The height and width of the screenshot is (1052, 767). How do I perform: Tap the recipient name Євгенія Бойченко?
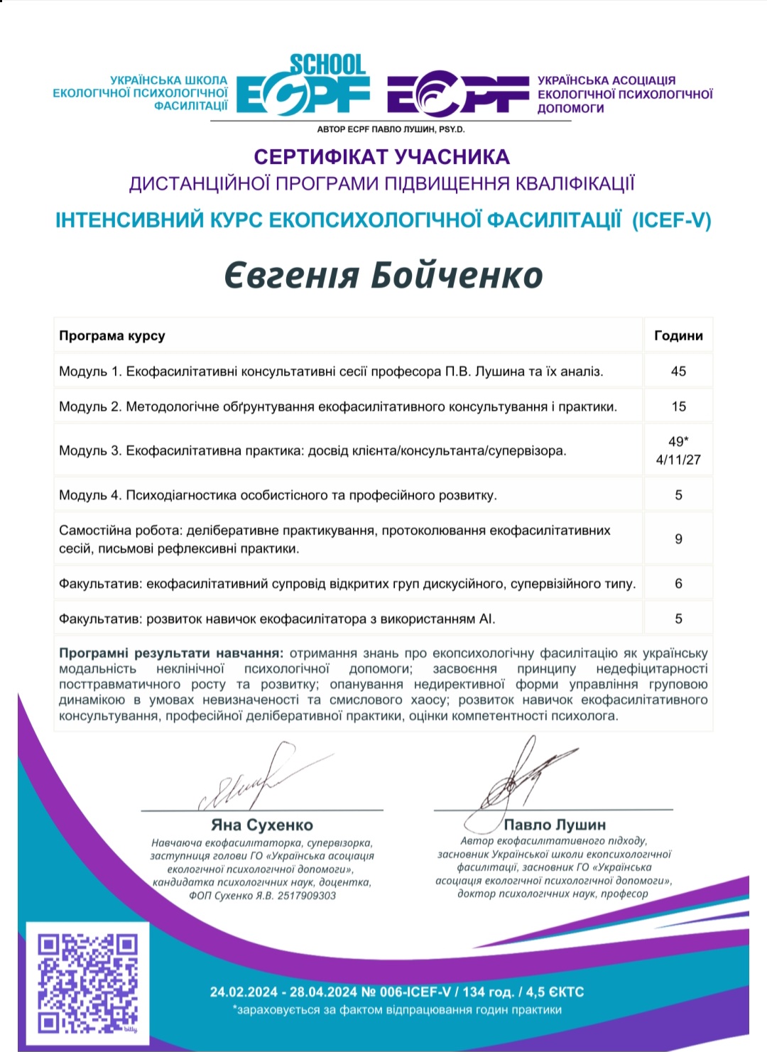(383, 276)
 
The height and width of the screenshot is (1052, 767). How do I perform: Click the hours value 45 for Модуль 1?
(678, 371)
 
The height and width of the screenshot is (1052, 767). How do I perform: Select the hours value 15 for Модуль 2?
(678, 406)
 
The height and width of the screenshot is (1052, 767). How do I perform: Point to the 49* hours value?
(678, 441)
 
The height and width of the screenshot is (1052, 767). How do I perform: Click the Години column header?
(678, 336)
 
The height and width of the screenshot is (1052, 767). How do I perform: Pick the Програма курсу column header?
(112, 336)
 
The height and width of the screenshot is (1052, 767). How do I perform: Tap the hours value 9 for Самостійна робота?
(678, 539)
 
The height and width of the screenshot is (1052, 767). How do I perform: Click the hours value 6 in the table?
(678, 583)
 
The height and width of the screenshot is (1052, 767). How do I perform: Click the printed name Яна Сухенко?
(262, 825)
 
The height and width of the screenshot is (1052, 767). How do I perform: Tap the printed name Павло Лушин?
(555, 825)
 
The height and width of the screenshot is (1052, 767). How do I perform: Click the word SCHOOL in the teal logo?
(327, 65)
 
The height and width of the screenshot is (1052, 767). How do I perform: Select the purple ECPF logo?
(458, 96)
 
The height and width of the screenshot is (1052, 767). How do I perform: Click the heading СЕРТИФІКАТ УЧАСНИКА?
(382, 156)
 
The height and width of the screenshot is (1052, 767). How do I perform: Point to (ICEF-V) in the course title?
(671, 220)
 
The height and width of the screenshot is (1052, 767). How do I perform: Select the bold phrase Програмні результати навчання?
(171, 653)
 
